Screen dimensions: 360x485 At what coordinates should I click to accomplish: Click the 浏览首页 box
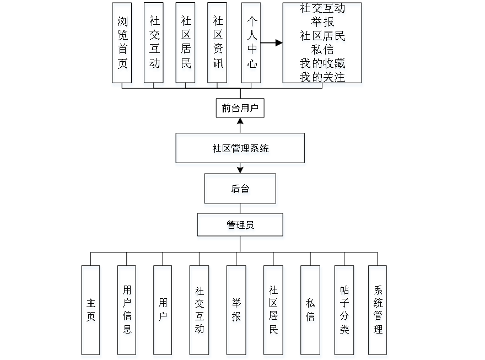(x=123, y=45)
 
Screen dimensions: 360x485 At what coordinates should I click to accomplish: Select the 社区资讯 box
(x=219, y=45)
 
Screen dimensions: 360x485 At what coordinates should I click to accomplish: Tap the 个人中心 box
(x=251, y=45)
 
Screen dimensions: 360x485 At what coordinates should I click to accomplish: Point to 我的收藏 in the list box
(x=323, y=64)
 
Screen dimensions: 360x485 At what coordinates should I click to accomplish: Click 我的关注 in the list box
(x=323, y=77)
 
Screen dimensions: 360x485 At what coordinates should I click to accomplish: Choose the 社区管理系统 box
(x=241, y=149)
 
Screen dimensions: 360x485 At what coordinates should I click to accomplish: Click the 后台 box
(x=241, y=190)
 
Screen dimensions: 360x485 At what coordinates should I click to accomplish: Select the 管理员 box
(x=241, y=227)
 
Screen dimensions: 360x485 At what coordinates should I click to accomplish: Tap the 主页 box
(x=91, y=312)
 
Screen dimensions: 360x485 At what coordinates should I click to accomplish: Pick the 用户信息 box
(x=127, y=312)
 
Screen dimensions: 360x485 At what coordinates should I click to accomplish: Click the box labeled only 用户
(x=163, y=312)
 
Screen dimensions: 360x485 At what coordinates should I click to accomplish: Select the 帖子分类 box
(x=345, y=312)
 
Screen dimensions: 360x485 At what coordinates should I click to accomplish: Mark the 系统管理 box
(x=378, y=312)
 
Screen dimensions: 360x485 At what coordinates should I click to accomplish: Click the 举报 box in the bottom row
(x=237, y=312)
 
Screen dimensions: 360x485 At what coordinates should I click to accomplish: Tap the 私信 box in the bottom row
(x=311, y=312)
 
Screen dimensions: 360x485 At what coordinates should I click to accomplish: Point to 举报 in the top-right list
(x=323, y=23)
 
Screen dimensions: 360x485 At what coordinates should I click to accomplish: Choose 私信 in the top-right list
(x=323, y=51)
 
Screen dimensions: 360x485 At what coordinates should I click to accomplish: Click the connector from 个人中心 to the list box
(x=272, y=42)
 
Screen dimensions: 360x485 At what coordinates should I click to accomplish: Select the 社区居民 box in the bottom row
(x=274, y=312)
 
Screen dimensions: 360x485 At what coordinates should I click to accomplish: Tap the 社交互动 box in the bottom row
(x=200, y=312)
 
